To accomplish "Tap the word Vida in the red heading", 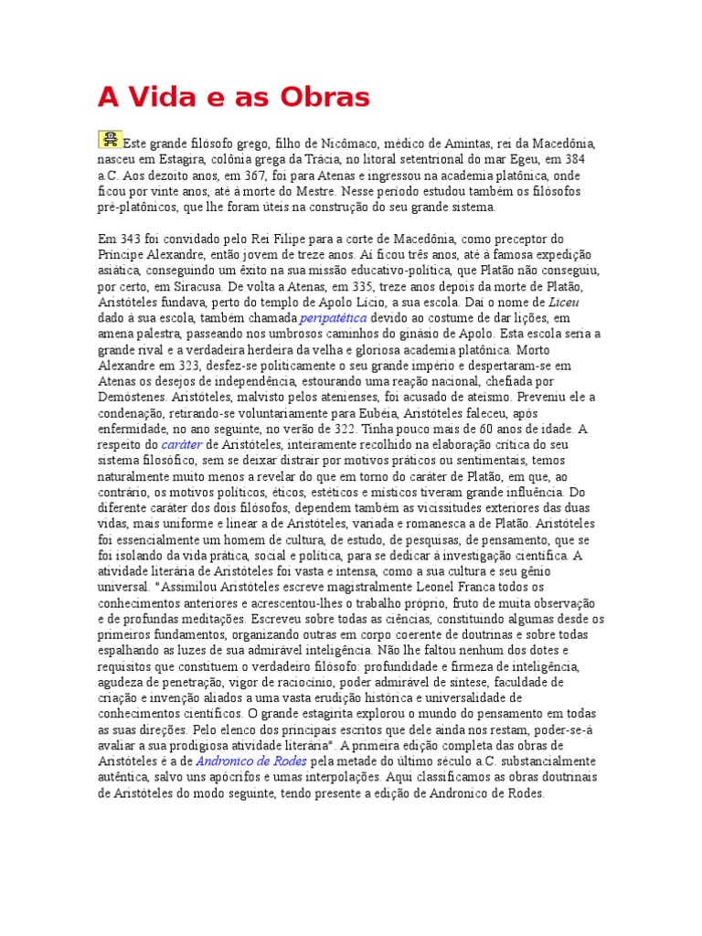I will (x=159, y=97).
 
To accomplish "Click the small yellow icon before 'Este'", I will (x=110, y=139).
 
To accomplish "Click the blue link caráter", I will (x=181, y=444).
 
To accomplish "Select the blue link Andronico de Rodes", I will (x=251, y=760).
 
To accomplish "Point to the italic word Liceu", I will (x=564, y=302).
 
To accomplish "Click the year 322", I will (x=369, y=429).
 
